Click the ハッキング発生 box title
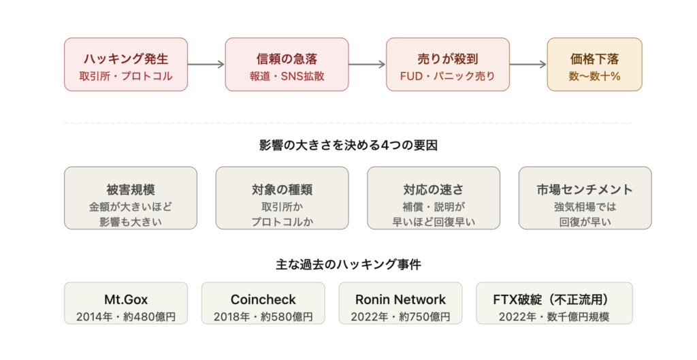[127, 58]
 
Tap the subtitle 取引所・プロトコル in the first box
[127, 76]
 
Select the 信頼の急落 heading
[287, 58]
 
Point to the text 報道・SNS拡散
[287, 76]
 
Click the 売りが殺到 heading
[447, 58]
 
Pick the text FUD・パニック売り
[447, 76]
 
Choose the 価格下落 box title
[594, 58]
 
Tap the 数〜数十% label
[594, 76]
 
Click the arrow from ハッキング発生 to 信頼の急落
[207, 65]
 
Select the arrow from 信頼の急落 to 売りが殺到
[368, 65]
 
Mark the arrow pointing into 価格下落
[528, 65]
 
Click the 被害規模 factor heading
[131, 190]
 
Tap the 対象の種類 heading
[282, 190]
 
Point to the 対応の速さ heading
[433, 190]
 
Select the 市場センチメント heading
[585, 190]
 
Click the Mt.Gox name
[127, 299]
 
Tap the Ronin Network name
[400, 299]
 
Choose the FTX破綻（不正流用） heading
[553, 299]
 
